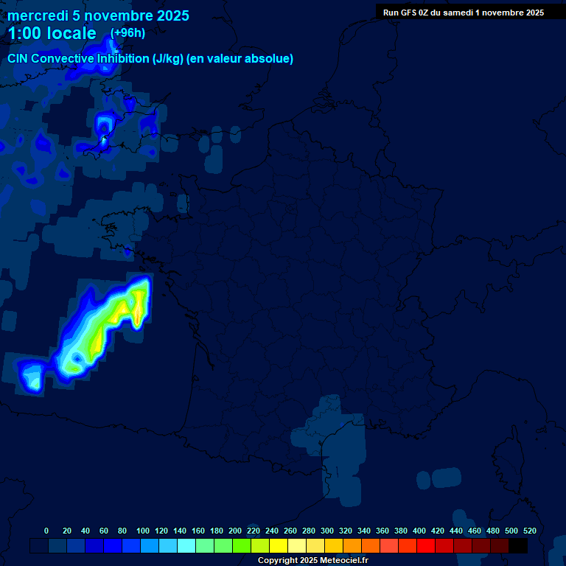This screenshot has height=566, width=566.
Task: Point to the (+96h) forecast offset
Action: (127, 32)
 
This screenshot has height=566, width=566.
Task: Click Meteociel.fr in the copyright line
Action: (345, 561)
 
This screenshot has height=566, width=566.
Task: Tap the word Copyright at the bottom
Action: (279, 561)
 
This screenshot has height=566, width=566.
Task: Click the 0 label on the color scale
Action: (46, 531)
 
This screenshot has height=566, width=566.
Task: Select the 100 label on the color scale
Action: (143, 531)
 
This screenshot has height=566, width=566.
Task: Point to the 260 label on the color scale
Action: (290, 531)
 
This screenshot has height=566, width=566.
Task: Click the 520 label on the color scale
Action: (529, 531)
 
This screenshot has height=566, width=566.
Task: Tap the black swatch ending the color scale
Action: (518, 545)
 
